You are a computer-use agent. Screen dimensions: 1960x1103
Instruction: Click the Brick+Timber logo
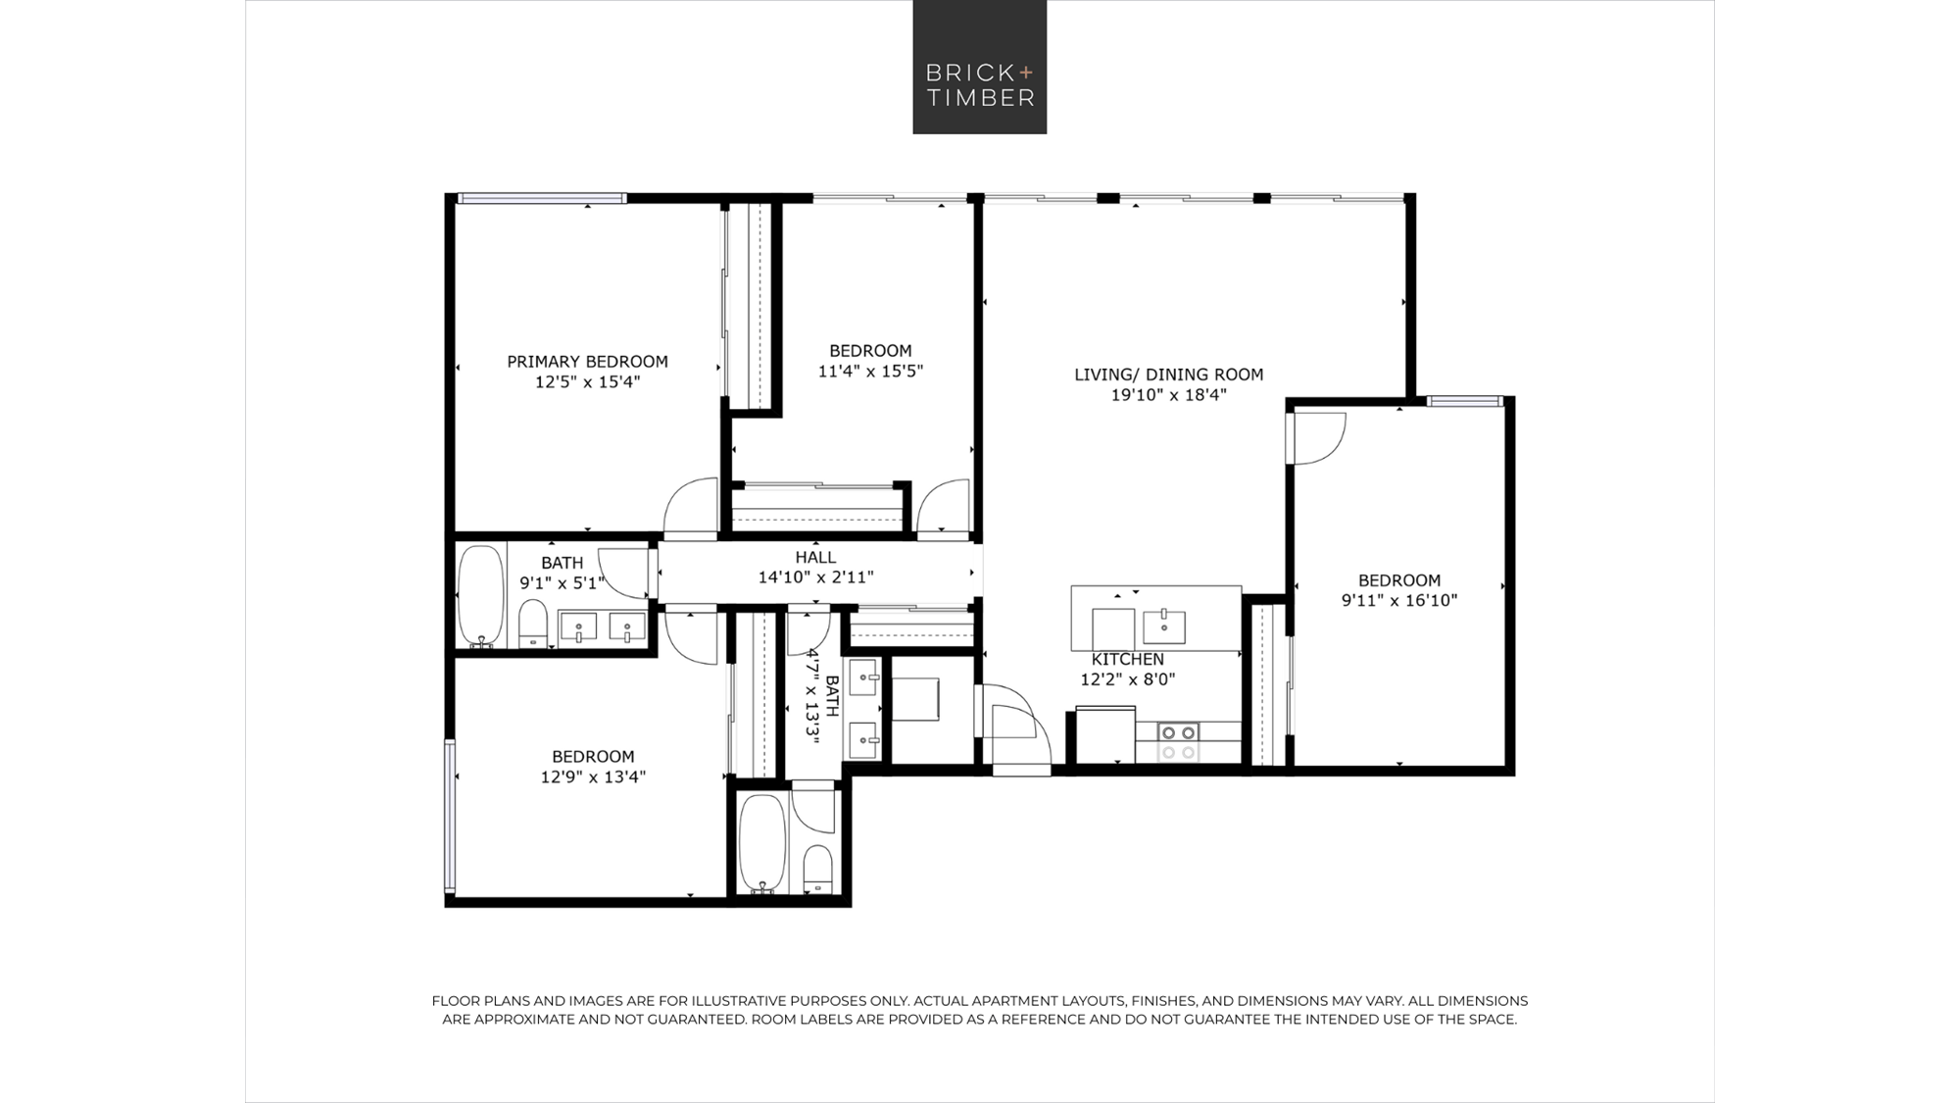click(x=980, y=67)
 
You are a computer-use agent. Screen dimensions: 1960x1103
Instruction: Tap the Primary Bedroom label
click(x=587, y=362)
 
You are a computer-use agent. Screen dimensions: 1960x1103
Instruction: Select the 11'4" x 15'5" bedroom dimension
click(x=870, y=372)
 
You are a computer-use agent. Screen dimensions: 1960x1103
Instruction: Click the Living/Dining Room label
click(x=1168, y=375)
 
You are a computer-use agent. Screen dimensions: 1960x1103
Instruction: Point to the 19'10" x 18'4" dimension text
click(x=1168, y=395)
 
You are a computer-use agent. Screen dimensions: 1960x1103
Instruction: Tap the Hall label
click(x=815, y=557)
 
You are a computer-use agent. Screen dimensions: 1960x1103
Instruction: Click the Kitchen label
click(x=1128, y=659)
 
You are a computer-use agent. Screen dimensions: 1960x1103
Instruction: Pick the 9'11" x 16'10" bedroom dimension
click(x=1399, y=600)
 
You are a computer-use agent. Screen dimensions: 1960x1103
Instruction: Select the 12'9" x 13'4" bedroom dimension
click(x=593, y=777)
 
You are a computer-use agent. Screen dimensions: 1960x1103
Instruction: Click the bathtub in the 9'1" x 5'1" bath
click(x=481, y=595)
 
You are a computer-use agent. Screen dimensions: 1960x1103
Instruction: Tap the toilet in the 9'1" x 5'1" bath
click(x=533, y=624)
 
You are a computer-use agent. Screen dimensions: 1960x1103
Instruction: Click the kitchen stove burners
click(x=1178, y=742)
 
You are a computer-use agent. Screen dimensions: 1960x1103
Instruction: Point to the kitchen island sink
click(x=1164, y=626)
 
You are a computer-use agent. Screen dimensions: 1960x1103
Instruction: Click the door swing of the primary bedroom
click(x=691, y=507)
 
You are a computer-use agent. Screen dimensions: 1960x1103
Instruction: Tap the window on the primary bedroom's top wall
click(x=542, y=199)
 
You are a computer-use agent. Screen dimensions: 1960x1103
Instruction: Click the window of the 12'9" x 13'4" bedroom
click(x=451, y=816)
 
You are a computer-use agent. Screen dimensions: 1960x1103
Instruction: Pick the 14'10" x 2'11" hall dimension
click(x=815, y=577)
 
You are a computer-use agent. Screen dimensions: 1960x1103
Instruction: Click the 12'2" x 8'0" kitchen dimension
click(x=1128, y=679)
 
